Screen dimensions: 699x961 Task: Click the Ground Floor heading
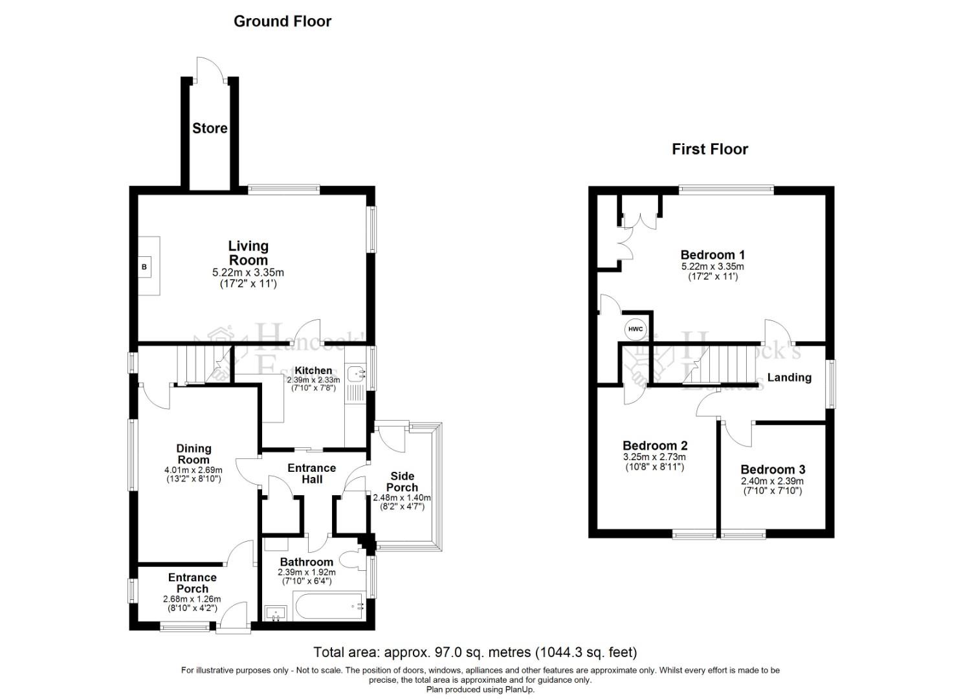(282, 21)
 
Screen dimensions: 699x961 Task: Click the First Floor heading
(709, 150)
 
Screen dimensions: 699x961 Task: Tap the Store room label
(210, 128)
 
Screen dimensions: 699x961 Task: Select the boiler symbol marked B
(144, 267)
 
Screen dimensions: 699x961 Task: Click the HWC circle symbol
(635, 329)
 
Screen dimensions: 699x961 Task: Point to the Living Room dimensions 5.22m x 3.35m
(248, 273)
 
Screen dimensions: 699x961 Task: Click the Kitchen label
(313, 371)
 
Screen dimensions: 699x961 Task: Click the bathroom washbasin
(276, 612)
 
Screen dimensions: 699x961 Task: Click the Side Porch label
(402, 482)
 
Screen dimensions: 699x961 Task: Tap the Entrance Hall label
(312, 473)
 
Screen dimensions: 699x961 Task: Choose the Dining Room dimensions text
(193, 474)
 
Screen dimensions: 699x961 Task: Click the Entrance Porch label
(192, 582)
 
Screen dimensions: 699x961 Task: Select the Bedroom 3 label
(773, 470)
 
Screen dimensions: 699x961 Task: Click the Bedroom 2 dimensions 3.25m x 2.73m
(655, 457)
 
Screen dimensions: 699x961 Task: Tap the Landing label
(789, 377)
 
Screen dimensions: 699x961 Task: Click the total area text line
(475, 652)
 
